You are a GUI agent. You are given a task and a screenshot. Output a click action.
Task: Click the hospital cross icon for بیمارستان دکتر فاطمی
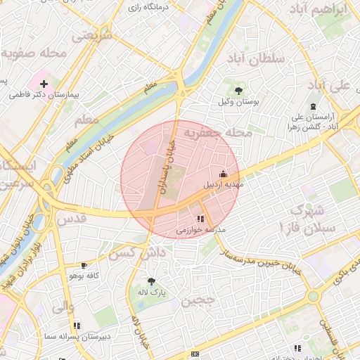pos(44,84)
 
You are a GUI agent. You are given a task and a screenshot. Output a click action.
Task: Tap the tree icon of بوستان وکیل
pos(239,91)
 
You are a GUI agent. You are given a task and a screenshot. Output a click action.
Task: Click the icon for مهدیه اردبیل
pos(224,174)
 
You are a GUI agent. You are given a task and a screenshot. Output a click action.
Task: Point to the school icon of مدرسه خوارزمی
pos(201,219)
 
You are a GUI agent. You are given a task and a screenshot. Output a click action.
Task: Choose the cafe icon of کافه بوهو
pos(84,266)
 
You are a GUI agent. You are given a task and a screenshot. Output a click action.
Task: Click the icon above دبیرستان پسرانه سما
pos(76,326)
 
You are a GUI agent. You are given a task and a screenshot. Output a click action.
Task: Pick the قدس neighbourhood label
pos(71,219)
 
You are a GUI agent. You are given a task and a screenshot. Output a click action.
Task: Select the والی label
pos(63,306)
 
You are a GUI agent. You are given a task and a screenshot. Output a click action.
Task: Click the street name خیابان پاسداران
pos(166,166)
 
